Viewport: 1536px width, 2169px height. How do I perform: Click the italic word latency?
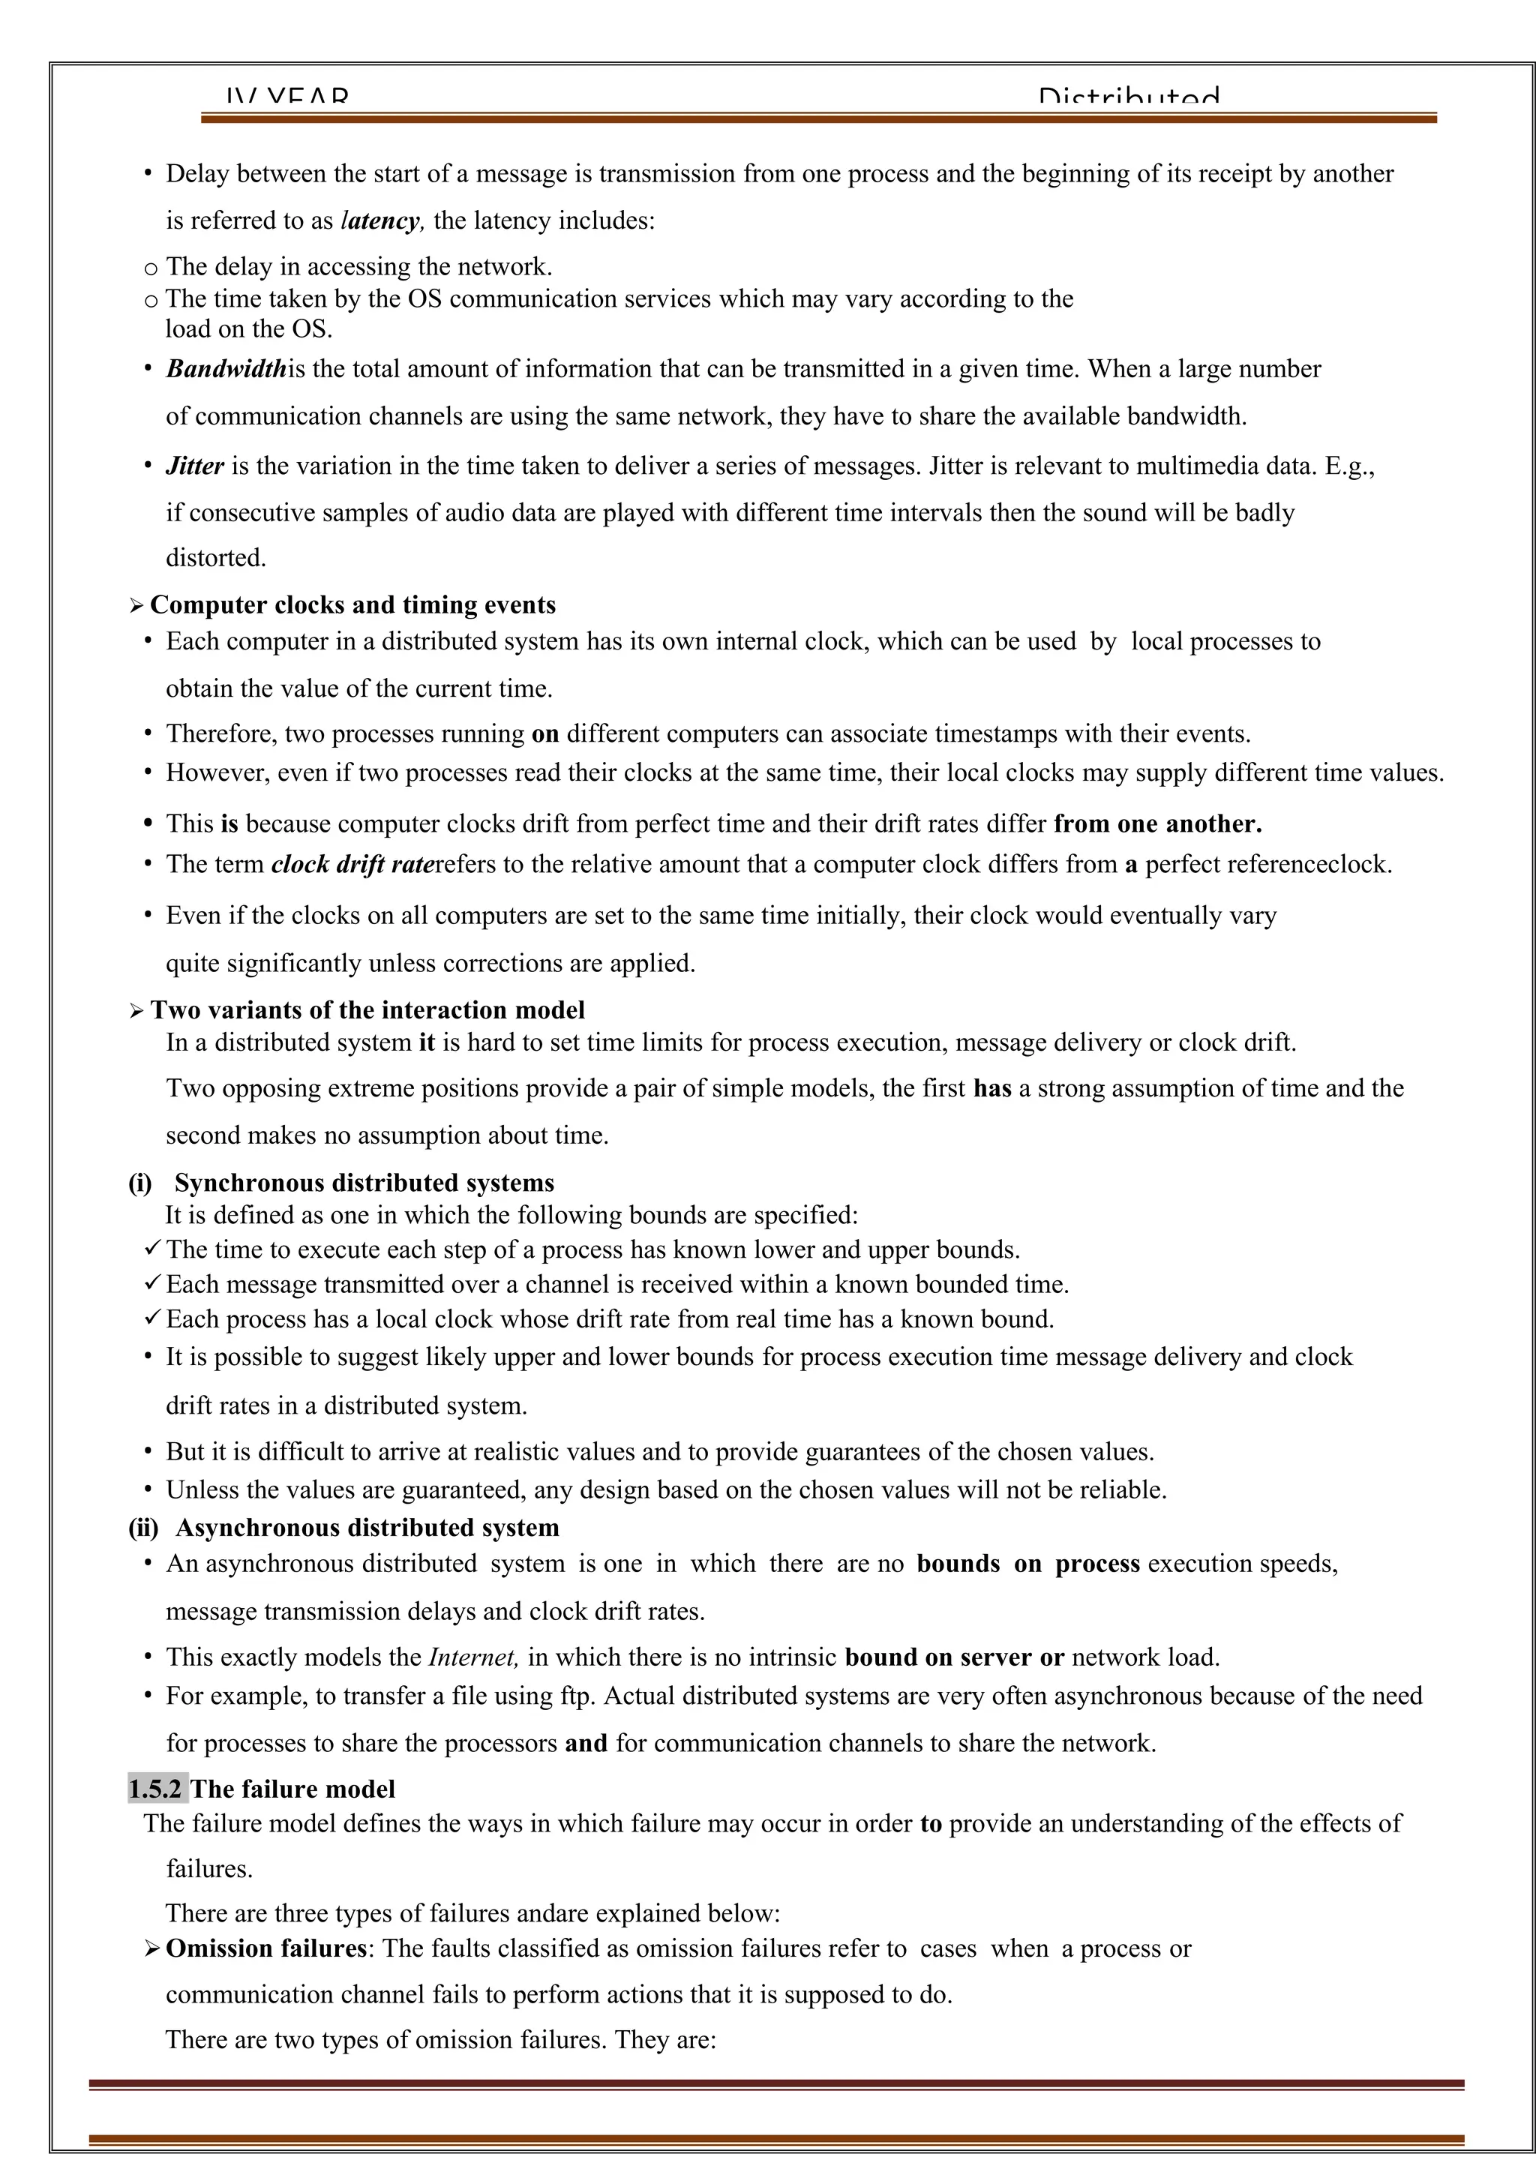(x=381, y=220)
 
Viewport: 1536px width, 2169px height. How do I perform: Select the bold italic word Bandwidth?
(x=226, y=369)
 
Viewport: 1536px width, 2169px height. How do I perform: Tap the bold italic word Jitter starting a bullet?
(x=195, y=466)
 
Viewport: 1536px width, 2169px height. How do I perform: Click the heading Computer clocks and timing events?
(x=352, y=605)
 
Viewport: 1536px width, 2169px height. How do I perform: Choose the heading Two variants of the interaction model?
(x=368, y=1010)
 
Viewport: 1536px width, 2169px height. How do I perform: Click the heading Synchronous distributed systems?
(x=364, y=1183)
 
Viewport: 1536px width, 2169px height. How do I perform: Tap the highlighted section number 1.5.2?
(x=156, y=1789)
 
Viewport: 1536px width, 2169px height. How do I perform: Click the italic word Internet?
(x=473, y=1657)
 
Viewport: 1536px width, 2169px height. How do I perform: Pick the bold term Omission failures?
(x=265, y=1948)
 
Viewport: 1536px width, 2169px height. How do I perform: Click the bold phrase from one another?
(x=1158, y=824)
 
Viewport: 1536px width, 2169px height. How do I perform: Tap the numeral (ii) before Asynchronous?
(x=142, y=1528)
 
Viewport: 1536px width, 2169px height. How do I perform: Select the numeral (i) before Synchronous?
(x=140, y=1183)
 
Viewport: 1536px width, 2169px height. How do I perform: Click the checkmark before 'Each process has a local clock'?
(x=154, y=1318)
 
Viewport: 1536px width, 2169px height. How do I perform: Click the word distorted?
(x=216, y=558)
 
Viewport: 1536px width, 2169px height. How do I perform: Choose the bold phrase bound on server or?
(x=953, y=1657)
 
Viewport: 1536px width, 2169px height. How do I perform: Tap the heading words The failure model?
(x=293, y=1789)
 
